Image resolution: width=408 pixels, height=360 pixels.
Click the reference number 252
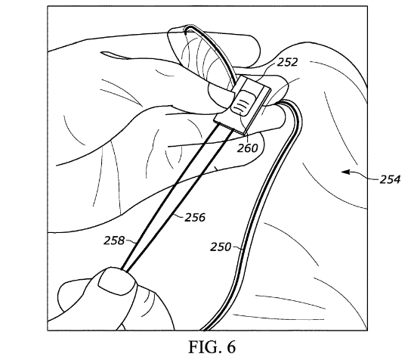coord(287,63)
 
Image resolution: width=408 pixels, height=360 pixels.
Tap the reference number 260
coord(248,148)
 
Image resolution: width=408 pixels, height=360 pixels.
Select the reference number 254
coord(390,179)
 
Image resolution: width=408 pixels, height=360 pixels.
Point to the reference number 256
coord(195,217)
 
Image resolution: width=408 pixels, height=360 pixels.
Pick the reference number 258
coord(114,241)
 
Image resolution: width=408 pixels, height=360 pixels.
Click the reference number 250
coord(221,247)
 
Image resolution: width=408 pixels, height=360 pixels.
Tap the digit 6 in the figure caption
coord(231,346)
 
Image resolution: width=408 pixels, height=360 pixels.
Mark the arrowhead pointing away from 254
coord(345,172)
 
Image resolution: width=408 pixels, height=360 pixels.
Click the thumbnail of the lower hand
coord(116,283)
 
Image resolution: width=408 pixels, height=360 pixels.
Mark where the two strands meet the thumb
coord(124,270)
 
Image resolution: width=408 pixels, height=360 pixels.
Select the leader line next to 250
coord(237,247)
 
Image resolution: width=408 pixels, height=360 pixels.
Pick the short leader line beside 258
coord(130,241)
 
